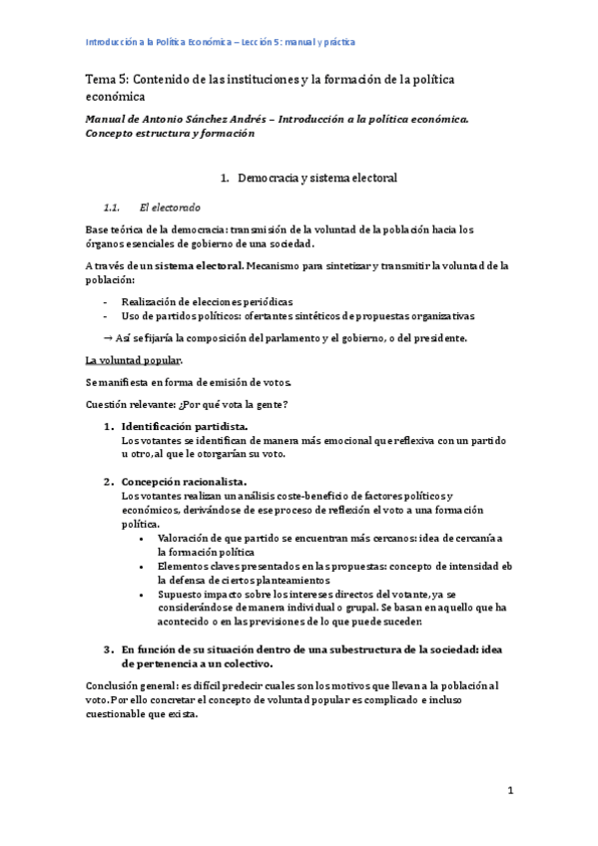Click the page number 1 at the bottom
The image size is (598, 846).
click(510, 791)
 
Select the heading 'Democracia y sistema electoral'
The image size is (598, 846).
click(316, 179)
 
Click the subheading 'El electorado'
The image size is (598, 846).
click(170, 208)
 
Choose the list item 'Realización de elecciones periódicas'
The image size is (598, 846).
click(208, 300)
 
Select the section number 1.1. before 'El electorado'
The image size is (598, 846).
click(112, 208)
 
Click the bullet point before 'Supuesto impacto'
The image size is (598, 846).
click(148, 594)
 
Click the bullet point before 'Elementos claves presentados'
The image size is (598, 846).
click(148, 566)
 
